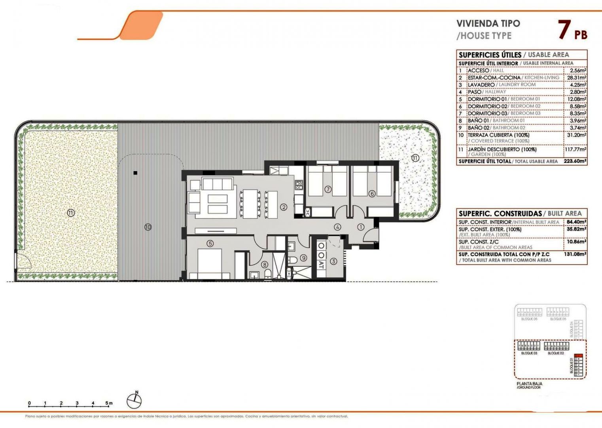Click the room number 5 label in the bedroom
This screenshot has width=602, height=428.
point(210,243)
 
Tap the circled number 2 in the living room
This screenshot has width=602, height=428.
point(284,207)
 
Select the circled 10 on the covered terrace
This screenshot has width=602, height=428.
point(148,227)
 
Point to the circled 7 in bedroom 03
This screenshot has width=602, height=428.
point(328,189)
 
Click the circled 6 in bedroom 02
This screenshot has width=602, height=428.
point(372,194)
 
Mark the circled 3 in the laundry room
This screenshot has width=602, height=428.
point(333,261)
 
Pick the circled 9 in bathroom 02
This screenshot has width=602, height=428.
point(303,258)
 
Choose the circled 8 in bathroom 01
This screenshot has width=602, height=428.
point(264,265)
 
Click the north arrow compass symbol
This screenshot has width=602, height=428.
point(134,401)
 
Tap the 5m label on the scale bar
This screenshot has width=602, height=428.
point(109,403)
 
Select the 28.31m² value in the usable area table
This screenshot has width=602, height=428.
point(577,78)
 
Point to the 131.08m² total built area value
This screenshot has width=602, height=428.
point(575,254)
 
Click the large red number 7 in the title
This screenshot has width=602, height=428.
point(564,30)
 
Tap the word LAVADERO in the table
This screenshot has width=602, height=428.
point(481,85)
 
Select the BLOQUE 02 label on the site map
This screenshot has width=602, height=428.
point(556,353)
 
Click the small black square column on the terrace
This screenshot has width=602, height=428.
point(135,173)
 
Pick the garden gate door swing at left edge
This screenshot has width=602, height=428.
point(22,261)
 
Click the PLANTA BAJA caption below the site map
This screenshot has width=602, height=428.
point(529,384)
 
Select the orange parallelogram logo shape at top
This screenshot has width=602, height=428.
point(141,25)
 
